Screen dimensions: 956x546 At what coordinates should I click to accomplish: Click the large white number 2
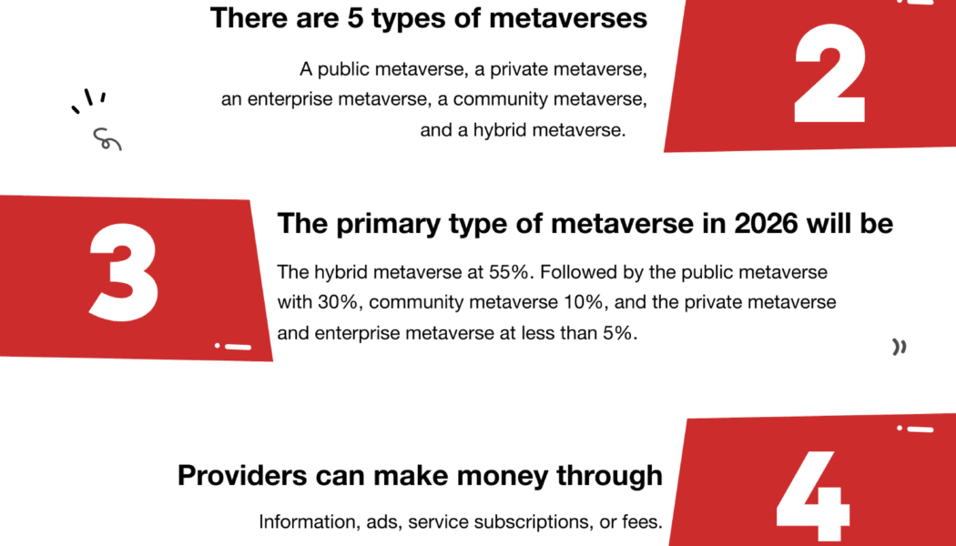point(829,73)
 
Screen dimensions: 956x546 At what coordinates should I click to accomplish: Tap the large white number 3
point(125,272)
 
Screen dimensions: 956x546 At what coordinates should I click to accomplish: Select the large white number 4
point(812,497)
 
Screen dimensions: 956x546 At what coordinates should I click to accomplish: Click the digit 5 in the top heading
point(355,18)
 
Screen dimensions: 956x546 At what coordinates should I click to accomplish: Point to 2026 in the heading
point(766,224)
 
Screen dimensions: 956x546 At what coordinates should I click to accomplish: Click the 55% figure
point(508,272)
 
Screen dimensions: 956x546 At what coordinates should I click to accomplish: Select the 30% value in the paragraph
point(337,302)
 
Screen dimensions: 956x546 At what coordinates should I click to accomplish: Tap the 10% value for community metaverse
point(583,302)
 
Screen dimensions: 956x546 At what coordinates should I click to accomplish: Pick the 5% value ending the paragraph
point(618,333)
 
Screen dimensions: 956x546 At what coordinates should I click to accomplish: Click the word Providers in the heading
point(242,475)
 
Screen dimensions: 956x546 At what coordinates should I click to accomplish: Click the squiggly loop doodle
point(107,139)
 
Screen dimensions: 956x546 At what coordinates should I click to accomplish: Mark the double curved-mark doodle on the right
point(900,347)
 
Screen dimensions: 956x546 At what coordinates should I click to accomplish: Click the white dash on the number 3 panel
point(239,347)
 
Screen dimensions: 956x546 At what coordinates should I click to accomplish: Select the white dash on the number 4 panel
point(920,430)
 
